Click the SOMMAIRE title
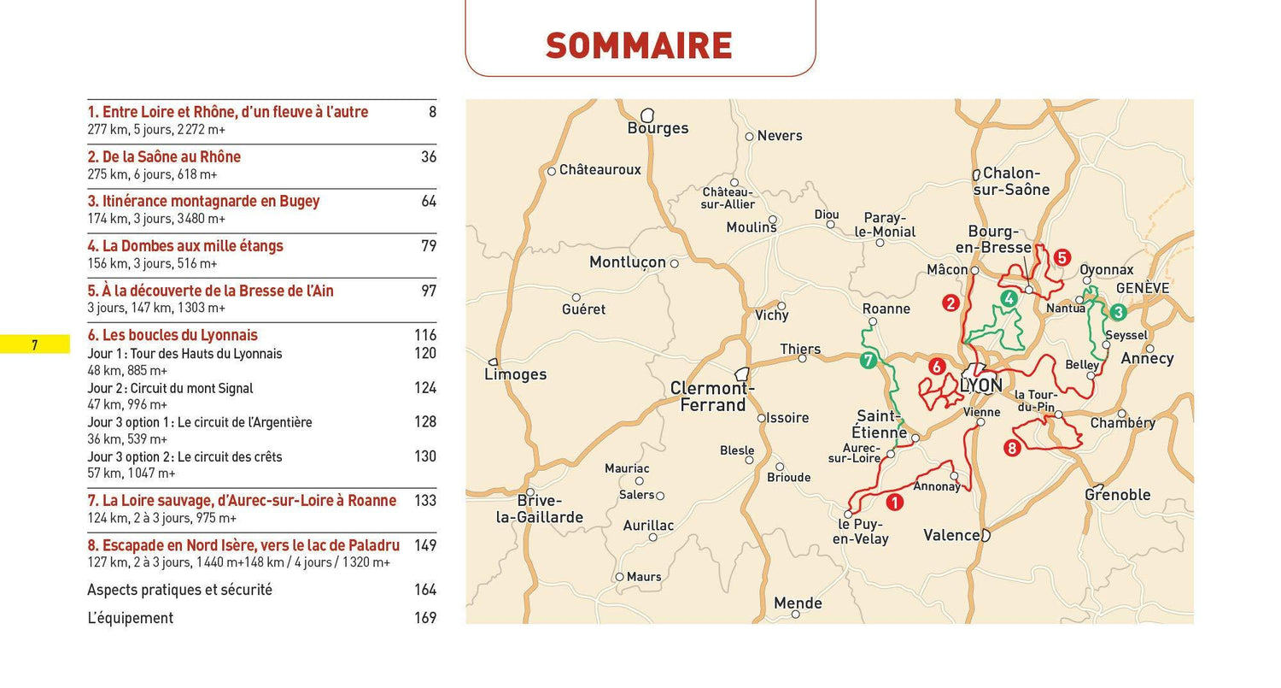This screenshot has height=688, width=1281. (639, 45)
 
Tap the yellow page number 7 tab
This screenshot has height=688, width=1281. (35, 345)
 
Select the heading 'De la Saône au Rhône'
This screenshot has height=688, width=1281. (164, 157)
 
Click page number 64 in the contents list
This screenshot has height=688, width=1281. (428, 202)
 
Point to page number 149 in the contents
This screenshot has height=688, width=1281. (424, 545)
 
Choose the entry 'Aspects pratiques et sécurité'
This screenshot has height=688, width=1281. (179, 590)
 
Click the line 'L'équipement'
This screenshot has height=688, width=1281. (130, 618)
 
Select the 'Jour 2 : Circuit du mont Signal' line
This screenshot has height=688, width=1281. (170, 388)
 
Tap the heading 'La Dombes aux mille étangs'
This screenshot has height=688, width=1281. (185, 246)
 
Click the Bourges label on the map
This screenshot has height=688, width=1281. (657, 128)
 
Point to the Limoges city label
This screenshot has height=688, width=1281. (515, 374)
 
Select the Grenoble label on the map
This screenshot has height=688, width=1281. (1117, 495)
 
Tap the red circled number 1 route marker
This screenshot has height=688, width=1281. (894, 503)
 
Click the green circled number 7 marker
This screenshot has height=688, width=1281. (869, 361)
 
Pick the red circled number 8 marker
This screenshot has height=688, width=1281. (1012, 447)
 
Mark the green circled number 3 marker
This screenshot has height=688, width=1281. (1118, 313)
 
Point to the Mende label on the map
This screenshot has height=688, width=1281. (797, 603)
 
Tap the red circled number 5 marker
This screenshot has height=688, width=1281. (1062, 257)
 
